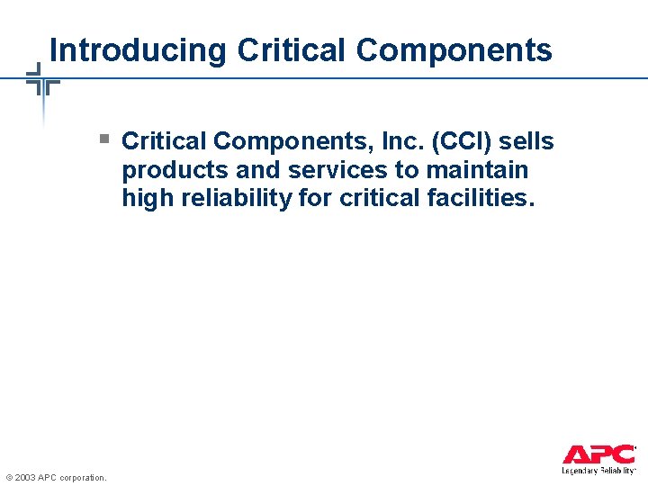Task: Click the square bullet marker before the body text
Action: click(104, 139)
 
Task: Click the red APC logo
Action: click(598, 454)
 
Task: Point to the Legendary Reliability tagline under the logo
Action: click(598, 470)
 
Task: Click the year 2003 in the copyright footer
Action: click(25, 477)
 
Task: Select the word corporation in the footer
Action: click(84, 477)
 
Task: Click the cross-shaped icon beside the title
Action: click(41, 82)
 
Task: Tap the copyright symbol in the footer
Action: click(8, 477)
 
